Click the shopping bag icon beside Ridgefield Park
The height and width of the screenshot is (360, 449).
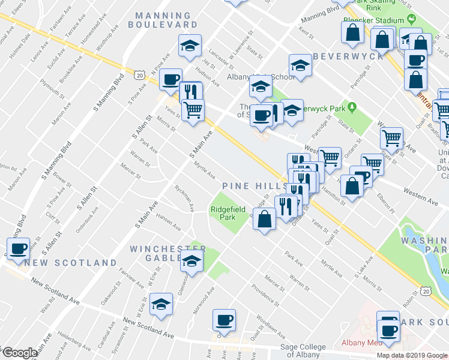click(264, 219)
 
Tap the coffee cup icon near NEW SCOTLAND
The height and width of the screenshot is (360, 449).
click(19, 248)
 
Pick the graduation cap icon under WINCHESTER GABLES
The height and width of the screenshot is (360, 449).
click(191, 261)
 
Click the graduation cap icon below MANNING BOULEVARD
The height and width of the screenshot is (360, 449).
click(189, 46)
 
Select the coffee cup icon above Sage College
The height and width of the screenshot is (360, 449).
click(224, 320)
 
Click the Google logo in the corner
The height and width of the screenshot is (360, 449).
click(20, 353)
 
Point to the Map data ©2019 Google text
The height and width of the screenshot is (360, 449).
click(412, 355)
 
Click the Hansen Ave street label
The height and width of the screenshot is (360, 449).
click(169, 223)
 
